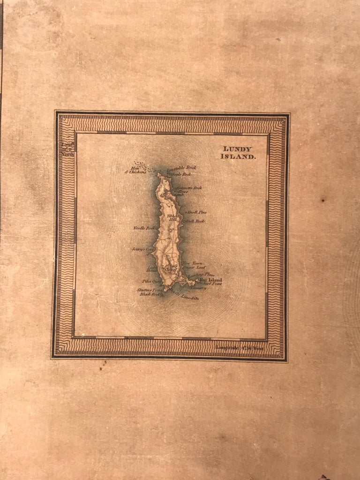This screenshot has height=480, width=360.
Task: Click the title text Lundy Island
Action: coord(239,153)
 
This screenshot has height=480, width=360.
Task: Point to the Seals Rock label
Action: coord(182,174)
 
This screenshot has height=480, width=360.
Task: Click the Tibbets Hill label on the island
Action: coord(173,218)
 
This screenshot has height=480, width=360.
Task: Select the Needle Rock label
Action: coord(144,228)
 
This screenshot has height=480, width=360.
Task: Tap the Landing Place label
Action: coord(201,274)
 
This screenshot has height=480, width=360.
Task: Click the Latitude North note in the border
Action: coord(67,149)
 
